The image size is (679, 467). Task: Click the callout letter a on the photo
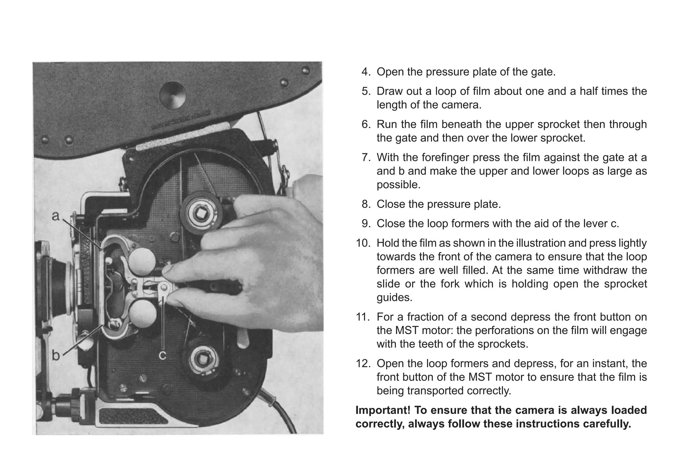point(56,216)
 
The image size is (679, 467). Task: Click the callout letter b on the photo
point(56,356)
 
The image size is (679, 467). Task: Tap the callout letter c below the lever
point(162,356)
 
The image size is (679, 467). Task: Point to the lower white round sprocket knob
point(143,314)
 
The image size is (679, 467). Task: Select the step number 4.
point(366,72)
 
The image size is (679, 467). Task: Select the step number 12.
point(362,364)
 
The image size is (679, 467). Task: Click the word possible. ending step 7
point(398,185)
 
